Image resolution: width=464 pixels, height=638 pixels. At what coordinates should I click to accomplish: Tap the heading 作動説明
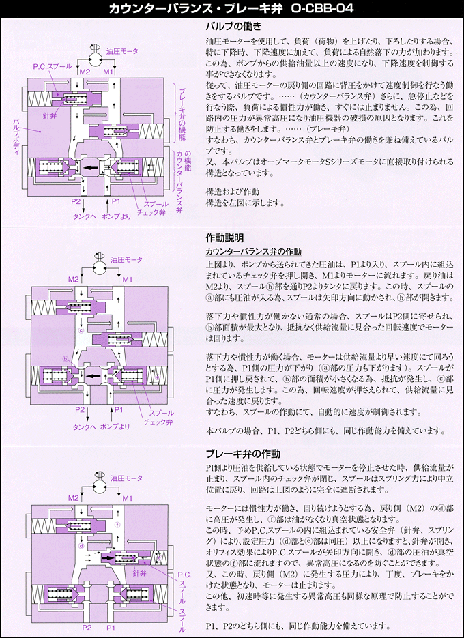click(x=224, y=238)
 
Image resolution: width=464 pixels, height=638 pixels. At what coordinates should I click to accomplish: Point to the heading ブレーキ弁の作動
click(x=242, y=454)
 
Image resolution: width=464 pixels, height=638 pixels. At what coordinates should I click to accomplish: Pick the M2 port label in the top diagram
click(x=85, y=71)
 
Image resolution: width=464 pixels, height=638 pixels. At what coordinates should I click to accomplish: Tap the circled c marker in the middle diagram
click(x=81, y=330)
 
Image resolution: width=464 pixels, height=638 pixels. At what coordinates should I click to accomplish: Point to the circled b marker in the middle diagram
click(x=66, y=359)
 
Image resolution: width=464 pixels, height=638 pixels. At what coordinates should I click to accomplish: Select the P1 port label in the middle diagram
click(x=117, y=409)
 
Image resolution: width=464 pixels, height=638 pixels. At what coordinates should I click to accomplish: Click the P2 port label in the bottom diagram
click(x=87, y=627)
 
